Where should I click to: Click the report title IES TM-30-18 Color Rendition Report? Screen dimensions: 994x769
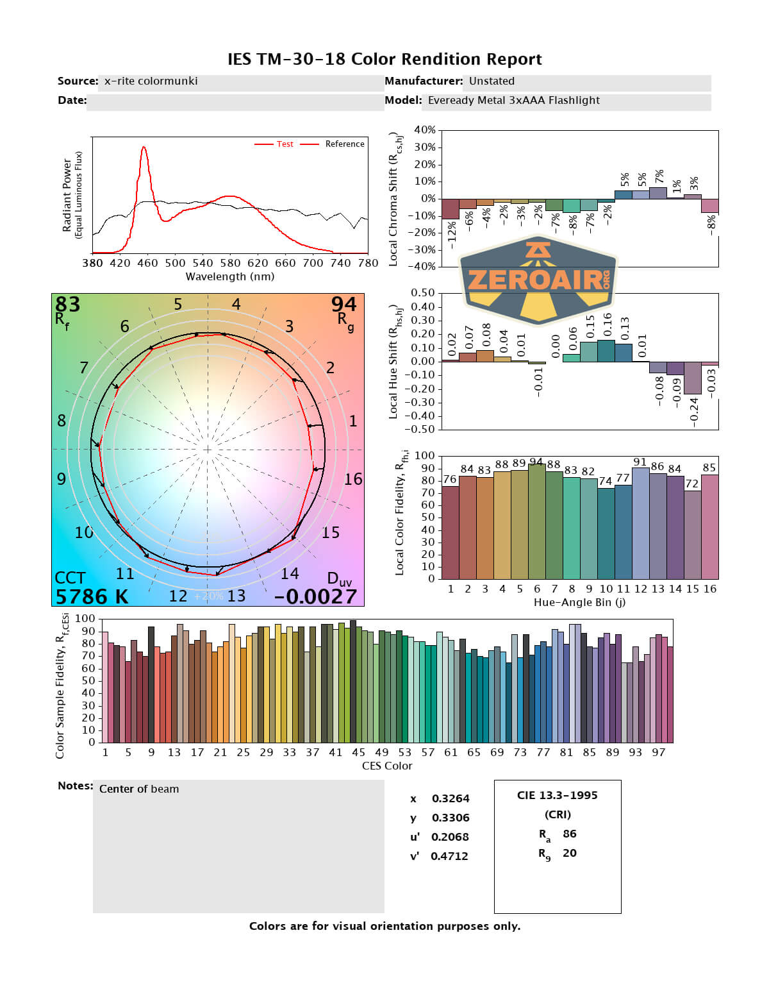point(384,60)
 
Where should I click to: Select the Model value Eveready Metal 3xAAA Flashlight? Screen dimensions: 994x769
point(513,101)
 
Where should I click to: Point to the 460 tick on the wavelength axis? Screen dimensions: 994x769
point(147,263)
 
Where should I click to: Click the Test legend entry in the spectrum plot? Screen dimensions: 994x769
point(285,144)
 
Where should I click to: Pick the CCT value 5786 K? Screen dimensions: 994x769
point(92,596)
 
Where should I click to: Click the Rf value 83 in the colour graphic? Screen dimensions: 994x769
point(67,304)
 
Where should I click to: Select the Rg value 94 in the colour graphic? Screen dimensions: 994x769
point(343,304)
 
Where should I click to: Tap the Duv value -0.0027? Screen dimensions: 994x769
point(315,596)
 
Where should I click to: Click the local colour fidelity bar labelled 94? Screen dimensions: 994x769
point(537,521)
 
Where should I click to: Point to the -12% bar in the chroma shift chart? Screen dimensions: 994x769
point(451,209)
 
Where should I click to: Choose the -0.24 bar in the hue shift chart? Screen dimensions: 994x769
point(693,378)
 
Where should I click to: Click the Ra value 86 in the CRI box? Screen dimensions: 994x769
point(569,834)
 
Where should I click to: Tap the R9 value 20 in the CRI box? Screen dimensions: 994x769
point(569,853)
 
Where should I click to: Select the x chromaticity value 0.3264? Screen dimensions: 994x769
point(450,798)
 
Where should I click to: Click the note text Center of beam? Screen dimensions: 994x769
point(139,789)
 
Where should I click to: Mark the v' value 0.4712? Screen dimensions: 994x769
point(449,856)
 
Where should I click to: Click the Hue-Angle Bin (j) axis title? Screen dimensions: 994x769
point(579,602)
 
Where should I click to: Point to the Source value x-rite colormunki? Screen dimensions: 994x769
point(151,81)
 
